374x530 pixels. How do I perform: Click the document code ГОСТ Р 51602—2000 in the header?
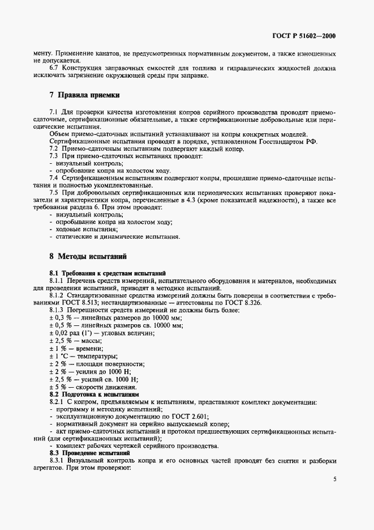point(304,36)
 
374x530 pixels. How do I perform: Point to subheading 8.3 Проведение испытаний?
point(89,453)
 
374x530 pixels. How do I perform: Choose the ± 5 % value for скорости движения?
point(59,386)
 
